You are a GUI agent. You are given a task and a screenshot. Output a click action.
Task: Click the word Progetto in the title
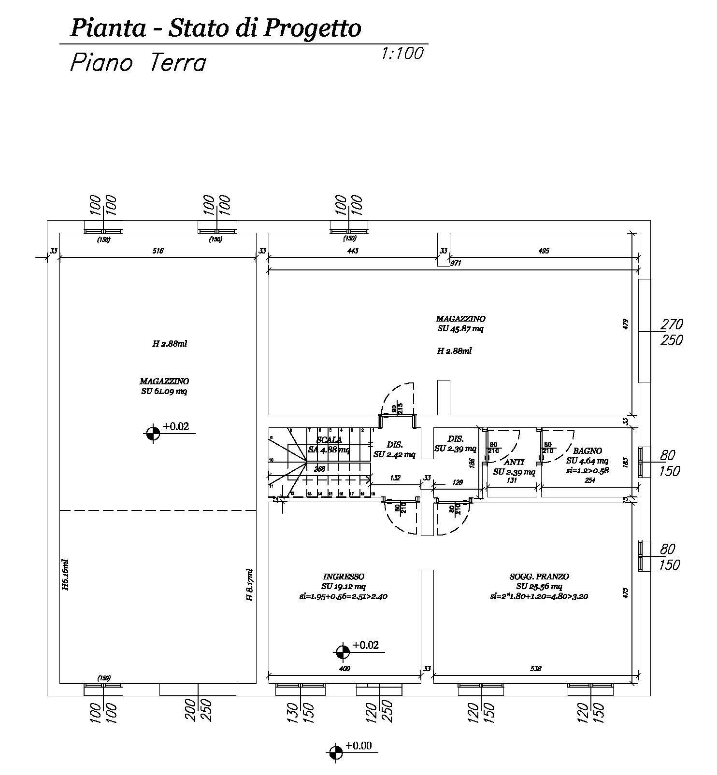point(312,28)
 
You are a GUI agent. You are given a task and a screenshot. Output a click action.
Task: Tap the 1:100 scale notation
point(402,53)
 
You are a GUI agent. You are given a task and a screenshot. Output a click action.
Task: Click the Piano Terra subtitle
point(138,63)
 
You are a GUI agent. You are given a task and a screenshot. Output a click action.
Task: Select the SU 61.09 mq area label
point(164,391)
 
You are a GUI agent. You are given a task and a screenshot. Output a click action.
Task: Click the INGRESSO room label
point(344,577)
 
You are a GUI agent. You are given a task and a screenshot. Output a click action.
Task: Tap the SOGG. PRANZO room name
point(539,577)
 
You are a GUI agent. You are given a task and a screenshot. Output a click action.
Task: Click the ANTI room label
point(514,462)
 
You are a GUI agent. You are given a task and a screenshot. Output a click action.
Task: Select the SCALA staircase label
point(330,440)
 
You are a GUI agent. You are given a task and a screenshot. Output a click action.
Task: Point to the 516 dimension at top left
point(158,251)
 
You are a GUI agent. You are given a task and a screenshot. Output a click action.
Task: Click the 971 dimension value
point(457,264)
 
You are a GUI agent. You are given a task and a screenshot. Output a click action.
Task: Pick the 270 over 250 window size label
point(672,332)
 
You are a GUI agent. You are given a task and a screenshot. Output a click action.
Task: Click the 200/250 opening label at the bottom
point(199,711)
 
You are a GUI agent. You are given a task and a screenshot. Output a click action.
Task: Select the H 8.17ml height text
point(250,584)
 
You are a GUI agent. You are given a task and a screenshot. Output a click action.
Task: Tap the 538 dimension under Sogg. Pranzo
point(535,669)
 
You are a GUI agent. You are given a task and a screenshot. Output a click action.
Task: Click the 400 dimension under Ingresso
point(344,669)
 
